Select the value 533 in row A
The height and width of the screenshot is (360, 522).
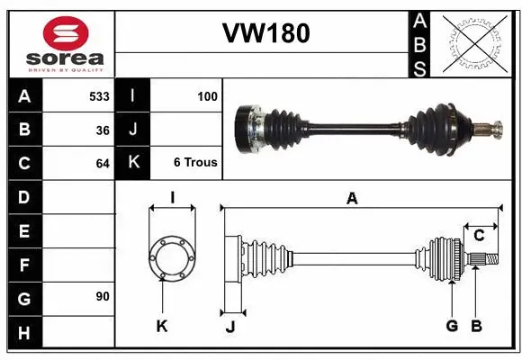point(99,95)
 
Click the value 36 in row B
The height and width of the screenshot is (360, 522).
point(102,130)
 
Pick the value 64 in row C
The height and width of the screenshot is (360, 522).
point(102,164)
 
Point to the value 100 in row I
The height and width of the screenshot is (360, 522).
point(207,95)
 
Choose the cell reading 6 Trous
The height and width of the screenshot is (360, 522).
point(195,163)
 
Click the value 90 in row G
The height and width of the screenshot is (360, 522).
point(102,296)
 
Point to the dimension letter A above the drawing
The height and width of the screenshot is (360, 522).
point(352,199)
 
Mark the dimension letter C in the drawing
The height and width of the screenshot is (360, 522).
point(480,236)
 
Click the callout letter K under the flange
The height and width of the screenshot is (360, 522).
point(162,326)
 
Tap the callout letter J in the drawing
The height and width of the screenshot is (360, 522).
point(229,326)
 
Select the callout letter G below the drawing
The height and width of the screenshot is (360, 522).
point(452,326)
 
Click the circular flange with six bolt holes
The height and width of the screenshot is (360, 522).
point(171,259)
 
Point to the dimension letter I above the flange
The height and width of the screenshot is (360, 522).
point(171,198)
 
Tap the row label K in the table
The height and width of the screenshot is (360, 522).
point(133,163)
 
